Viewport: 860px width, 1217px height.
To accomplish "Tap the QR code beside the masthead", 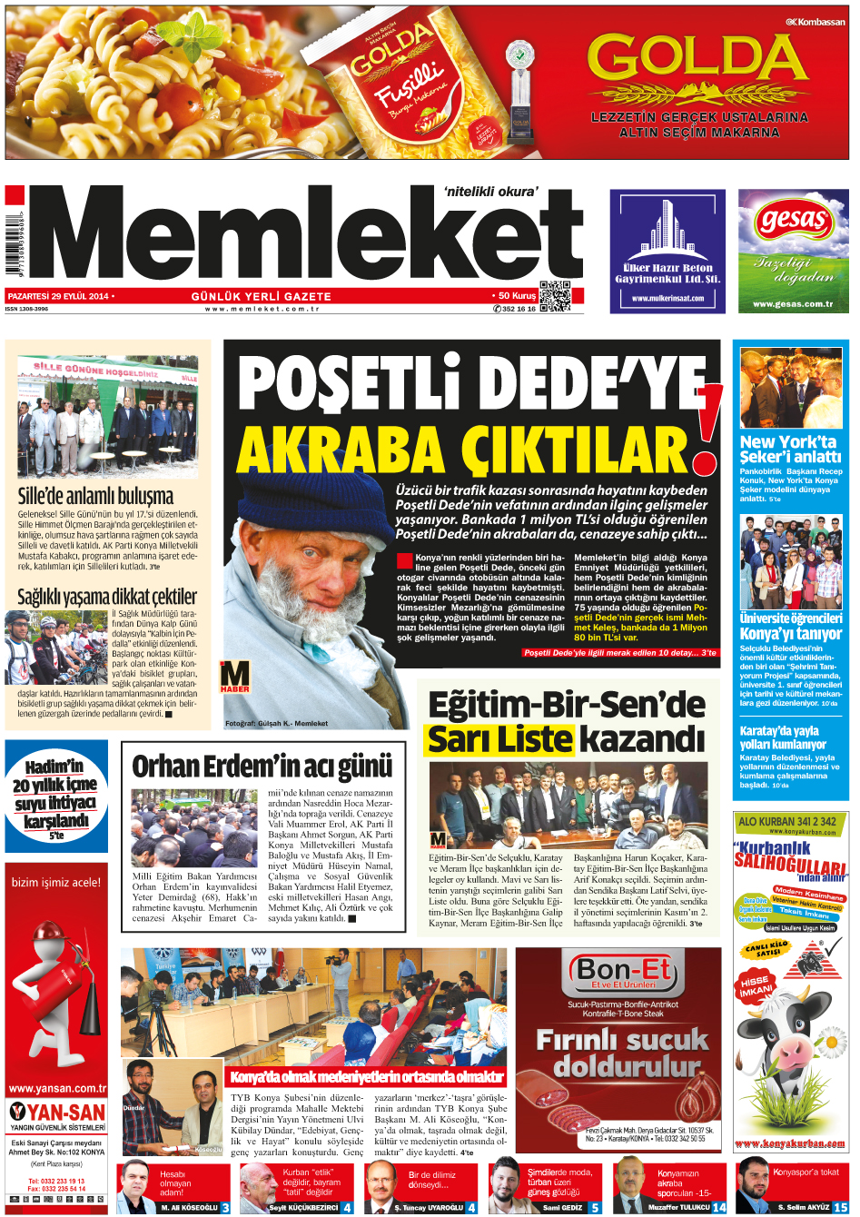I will tap(555, 296).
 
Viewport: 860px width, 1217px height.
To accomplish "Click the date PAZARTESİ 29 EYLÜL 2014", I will tap(59, 296).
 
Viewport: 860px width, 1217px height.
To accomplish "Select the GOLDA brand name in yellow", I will tap(697, 61).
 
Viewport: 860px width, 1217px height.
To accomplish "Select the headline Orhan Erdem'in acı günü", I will tap(262, 767).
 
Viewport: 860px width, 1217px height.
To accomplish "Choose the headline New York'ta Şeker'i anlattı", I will tap(790, 449).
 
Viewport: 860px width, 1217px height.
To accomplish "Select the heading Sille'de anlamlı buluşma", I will tap(95, 495).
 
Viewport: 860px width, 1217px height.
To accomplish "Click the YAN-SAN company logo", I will tap(57, 1112).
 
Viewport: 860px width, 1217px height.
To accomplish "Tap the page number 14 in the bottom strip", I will tap(719, 1207).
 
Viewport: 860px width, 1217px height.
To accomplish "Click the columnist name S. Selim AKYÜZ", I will tap(804, 1207).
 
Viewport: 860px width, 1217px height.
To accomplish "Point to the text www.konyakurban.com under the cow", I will tap(789, 1143).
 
